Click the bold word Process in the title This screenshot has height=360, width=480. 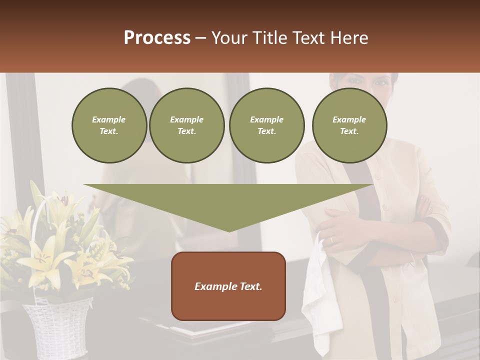157,38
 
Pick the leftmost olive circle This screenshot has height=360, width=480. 109,125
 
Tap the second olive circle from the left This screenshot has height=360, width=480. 187,125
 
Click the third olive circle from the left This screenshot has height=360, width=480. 267,125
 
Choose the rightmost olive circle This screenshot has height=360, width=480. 349,125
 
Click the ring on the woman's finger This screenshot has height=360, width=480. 331,240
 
